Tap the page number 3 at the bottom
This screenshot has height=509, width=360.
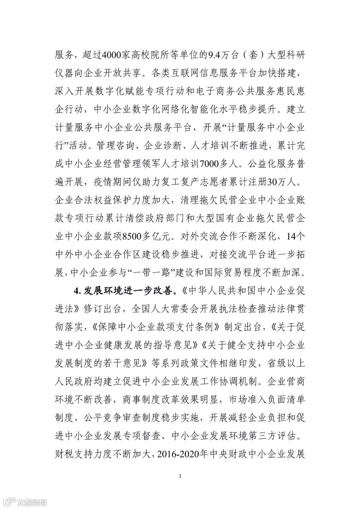[x=180, y=476]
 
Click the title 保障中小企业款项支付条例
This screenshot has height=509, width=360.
[x=156, y=327]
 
